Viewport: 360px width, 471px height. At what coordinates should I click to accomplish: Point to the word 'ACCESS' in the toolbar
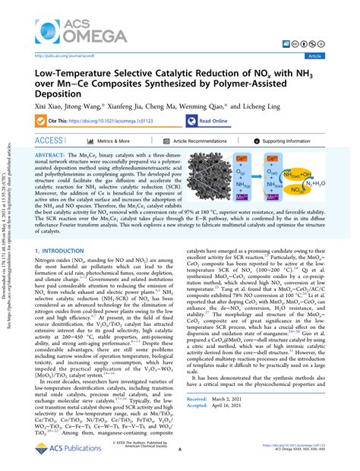point(49,141)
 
